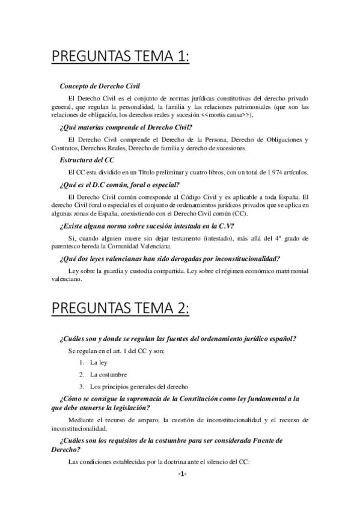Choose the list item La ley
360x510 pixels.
99,363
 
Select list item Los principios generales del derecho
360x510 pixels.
139,386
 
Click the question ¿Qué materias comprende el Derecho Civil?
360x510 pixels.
126,127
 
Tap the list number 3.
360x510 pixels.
81,386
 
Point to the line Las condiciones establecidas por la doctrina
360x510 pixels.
159,462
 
